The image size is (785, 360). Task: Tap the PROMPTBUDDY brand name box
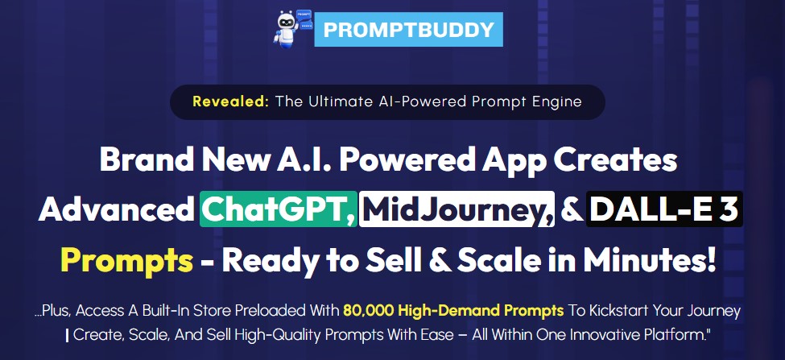pos(408,30)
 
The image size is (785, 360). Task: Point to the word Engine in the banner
pos(555,101)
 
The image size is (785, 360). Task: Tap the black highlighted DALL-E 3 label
pos(664,210)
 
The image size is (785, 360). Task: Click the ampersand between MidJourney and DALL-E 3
pos(571,210)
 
